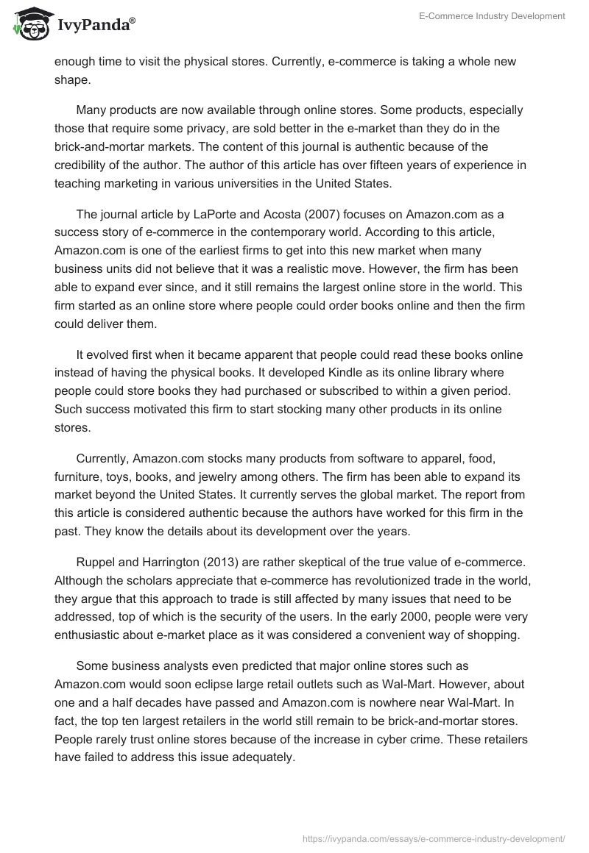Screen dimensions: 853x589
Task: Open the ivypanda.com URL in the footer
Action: (x=434, y=838)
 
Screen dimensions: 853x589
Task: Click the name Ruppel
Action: (x=98, y=543)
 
